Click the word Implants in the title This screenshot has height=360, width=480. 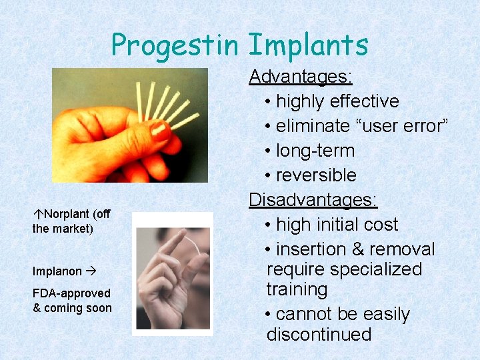pyautogui.click(x=308, y=45)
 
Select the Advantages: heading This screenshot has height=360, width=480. pyautogui.click(x=300, y=77)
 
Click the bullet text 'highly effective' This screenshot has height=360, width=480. pyautogui.click(x=337, y=101)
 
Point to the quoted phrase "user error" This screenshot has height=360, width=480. pyautogui.click(x=400, y=126)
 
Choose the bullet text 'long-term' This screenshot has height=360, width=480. pyautogui.click(x=315, y=151)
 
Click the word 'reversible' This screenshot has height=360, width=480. pyautogui.click(x=316, y=175)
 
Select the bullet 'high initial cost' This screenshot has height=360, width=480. pyautogui.click(x=337, y=225)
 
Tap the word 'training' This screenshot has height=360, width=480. pyautogui.click(x=297, y=290)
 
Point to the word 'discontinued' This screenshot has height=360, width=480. pyautogui.click(x=319, y=334)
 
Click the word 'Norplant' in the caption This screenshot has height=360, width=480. pyautogui.click(x=67, y=215)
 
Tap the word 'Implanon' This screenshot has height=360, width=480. pyautogui.click(x=57, y=271)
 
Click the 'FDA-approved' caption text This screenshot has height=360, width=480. pyautogui.click(x=71, y=293)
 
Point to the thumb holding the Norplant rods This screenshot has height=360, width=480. pyautogui.click(x=140, y=130)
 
